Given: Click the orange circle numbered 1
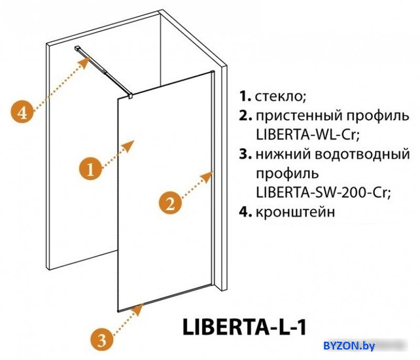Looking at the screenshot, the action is coord(90,169).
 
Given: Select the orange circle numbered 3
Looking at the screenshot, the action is coord(102,341).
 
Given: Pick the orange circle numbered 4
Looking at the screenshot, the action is coord(22,112).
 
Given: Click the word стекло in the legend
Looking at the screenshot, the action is coord(281,96).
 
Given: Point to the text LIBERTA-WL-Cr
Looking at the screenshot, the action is coord(307,135).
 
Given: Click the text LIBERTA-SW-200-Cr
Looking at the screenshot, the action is coord(323,192).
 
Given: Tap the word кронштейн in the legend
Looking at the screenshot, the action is coord(296,212).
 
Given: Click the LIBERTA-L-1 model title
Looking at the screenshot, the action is coord(244,327).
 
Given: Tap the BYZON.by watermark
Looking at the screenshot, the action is coord(349,346).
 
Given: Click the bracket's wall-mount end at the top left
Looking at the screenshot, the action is coord(78,48).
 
